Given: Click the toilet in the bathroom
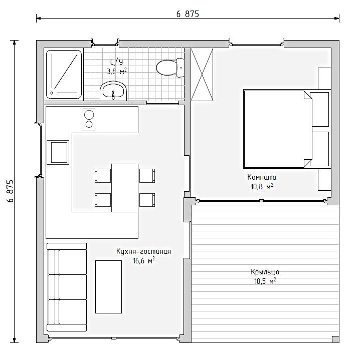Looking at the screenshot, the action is [x=170, y=68].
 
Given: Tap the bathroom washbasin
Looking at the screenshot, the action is [x=113, y=91].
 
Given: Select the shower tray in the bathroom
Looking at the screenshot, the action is [x=64, y=74].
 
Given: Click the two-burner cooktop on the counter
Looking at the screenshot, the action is [x=89, y=120].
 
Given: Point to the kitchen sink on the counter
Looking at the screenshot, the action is [x=58, y=152].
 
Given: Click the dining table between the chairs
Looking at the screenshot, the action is [x=125, y=188].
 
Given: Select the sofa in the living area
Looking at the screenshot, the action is [x=67, y=287].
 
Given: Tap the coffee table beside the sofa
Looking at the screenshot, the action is [x=108, y=287].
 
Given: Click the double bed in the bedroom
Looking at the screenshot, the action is [x=286, y=129].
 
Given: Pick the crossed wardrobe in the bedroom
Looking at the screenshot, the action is [x=202, y=75].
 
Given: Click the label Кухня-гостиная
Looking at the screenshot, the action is [x=143, y=251].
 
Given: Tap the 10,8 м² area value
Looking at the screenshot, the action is [x=262, y=186].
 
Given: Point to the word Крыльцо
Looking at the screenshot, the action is [x=265, y=272].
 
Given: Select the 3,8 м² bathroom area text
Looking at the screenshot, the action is [x=117, y=71].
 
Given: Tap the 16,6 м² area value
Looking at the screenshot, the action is [x=143, y=260].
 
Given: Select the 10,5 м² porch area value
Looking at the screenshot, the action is [x=265, y=281].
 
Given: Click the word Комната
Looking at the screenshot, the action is [x=262, y=177].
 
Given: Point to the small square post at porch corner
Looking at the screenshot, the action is [x=335, y=339].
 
